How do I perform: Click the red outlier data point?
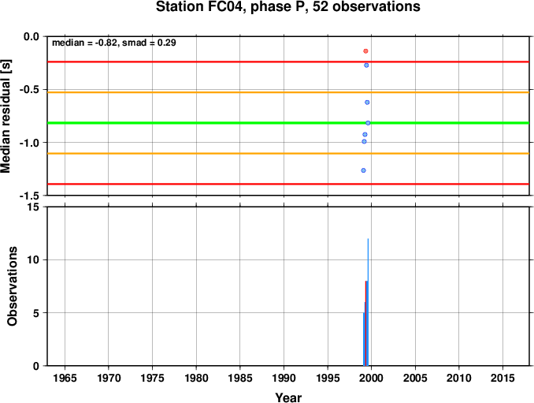tap(365, 51)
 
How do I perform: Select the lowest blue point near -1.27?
tap(363, 170)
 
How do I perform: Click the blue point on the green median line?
tap(368, 123)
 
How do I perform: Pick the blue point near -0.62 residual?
tap(367, 103)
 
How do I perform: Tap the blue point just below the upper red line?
tap(366, 65)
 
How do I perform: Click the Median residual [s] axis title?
tap(6, 116)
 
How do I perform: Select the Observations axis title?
tap(13, 286)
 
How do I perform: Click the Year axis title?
tap(288, 397)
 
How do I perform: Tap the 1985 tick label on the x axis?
tap(240, 378)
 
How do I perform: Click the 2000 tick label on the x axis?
tap(371, 378)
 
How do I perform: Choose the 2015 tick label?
tap(502, 378)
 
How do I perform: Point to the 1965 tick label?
tap(65, 378)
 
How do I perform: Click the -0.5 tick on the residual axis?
tap(30, 89)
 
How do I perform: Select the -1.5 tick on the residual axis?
tap(30, 196)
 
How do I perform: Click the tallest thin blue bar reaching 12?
tap(368, 302)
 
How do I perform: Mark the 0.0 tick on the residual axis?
tap(32, 36)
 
